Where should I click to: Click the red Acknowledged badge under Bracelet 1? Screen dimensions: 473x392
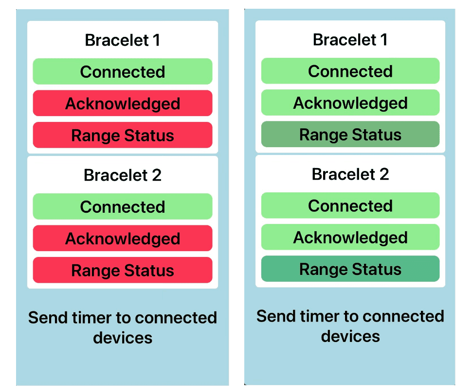click(123, 103)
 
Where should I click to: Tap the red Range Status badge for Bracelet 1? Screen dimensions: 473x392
click(123, 135)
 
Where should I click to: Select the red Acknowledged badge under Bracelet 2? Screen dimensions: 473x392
click(123, 238)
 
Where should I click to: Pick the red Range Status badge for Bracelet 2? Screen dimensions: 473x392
click(123, 270)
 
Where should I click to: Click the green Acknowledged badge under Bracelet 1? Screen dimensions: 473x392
click(350, 102)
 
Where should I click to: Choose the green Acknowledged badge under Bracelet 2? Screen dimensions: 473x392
click(350, 237)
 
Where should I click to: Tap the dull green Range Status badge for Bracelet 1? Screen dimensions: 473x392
click(350, 134)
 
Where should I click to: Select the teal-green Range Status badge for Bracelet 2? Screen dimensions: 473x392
click(350, 269)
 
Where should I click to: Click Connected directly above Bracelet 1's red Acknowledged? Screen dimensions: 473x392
click(123, 71)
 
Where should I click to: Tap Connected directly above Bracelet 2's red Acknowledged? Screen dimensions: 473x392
click(123, 206)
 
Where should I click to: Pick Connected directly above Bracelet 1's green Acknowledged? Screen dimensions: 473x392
click(350, 71)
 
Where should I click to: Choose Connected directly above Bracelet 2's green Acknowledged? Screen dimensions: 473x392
click(350, 205)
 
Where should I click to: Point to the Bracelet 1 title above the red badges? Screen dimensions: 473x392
click(123, 40)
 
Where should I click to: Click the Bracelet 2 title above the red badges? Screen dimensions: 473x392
click(123, 175)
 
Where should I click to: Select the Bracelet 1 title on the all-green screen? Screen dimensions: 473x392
click(350, 39)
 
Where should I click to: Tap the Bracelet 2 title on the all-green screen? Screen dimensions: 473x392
click(350, 174)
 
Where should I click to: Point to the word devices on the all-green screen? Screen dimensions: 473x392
click(350, 336)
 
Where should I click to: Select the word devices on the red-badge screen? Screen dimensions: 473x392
click(123, 338)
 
